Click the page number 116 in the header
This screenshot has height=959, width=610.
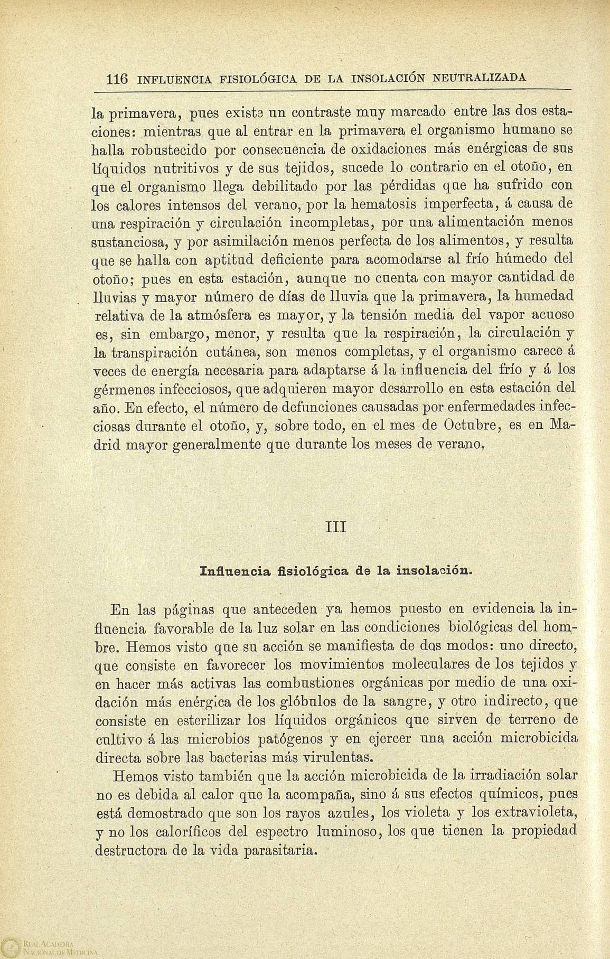click(117, 80)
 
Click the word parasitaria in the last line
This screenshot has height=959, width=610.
click(280, 851)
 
